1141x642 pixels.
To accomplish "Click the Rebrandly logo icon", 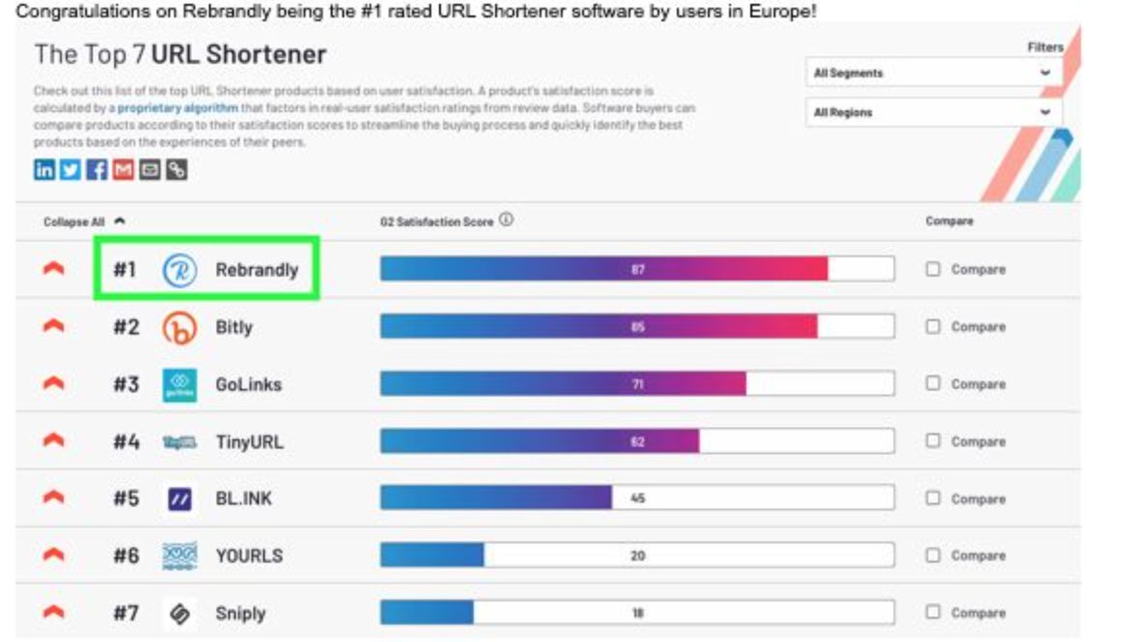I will click(x=179, y=270).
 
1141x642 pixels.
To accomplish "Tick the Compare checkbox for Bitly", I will click(x=933, y=327).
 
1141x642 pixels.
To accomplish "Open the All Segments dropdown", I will click(x=932, y=73).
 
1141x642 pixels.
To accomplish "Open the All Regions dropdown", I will click(x=932, y=112).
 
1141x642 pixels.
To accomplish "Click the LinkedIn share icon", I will click(x=44, y=170).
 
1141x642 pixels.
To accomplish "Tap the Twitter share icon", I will click(x=71, y=170).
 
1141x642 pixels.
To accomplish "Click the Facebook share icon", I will click(x=97, y=170).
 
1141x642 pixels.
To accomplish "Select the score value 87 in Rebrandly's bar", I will click(x=637, y=270).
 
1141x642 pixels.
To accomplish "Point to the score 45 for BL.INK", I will click(x=637, y=499).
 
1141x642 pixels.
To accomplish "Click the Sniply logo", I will click(x=179, y=613).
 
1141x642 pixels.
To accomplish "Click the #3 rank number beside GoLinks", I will click(x=126, y=385).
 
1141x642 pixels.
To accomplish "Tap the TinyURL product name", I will click(x=249, y=442).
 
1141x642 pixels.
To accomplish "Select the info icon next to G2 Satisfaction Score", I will click(x=507, y=220).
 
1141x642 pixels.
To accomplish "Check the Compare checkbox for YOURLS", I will click(x=933, y=556).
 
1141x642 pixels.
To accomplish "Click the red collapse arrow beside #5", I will click(x=54, y=499).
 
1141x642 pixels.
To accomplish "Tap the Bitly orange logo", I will click(x=179, y=328).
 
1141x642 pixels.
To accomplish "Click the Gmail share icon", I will click(x=123, y=170).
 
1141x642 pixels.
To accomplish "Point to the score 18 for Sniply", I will click(x=637, y=613).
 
